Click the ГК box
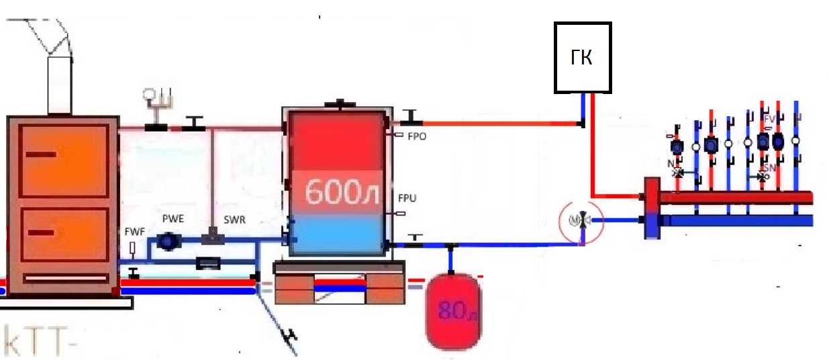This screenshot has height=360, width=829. click(x=582, y=58)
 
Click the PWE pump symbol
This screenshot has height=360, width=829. click(x=166, y=240)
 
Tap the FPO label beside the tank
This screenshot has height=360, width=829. click(x=417, y=136)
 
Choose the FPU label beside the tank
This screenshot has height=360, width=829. click(x=407, y=199)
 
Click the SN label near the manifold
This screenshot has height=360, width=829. click(x=769, y=168)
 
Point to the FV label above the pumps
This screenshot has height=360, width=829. click(x=769, y=120)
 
